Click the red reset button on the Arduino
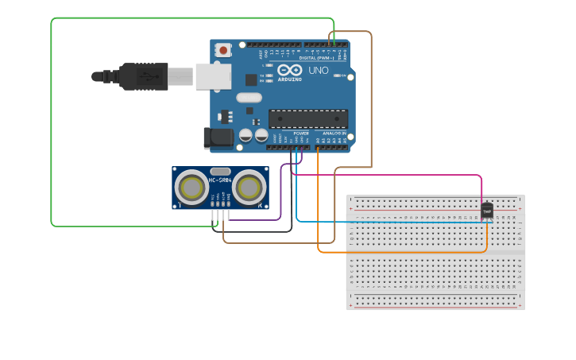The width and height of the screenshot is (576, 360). pyautogui.click(x=223, y=50)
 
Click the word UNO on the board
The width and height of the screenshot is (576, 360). pyautogui.click(x=318, y=71)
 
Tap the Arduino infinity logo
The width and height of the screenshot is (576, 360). pyautogui.click(x=290, y=71)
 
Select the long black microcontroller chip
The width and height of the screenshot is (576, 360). pyautogui.click(x=307, y=118)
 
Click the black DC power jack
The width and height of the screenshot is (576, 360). pyautogui.click(x=218, y=138)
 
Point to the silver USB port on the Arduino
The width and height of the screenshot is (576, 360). pyautogui.click(x=213, y=76)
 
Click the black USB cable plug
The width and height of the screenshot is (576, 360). pyautogui.click(x=143, y=76)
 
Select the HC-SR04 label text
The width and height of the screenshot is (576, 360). pyautogui.click(x=220, y=180)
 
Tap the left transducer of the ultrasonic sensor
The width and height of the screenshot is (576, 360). pyautogui.click(x=191, y=188)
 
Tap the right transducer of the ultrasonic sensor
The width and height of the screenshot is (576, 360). pyautogui.click(x=249, y=188)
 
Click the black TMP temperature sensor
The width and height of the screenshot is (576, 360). pyautogui.click(x=487, y=211)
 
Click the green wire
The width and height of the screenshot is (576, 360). pyautogui.click(x=52, y=119)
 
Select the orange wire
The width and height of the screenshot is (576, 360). pyautogui.click(x=397, y=253)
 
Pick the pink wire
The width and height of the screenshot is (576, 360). pyautogui.click(x=397, y=175)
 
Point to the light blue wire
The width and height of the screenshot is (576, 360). pyautogui.click(x=397, y=222)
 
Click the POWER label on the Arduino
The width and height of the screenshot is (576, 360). pyautogui.click(x=301, y=134)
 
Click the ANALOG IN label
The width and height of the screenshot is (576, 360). pyautogui.click(x=334, y=134)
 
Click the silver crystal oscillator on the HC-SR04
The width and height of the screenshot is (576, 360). pyautogui.click(x=220, y=171)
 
